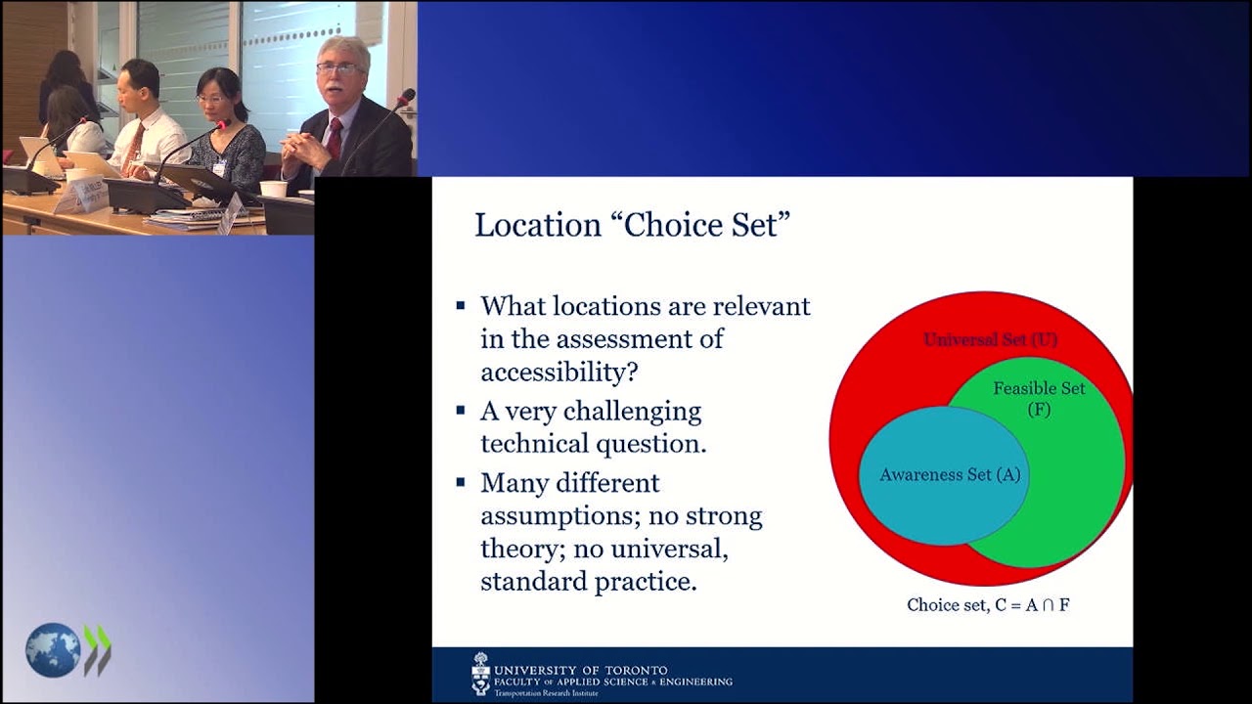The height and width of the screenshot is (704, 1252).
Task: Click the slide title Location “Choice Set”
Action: pyautogui.click(x=631, y=225)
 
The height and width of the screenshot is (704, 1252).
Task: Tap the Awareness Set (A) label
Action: pyautogui.click(x=950, y=475)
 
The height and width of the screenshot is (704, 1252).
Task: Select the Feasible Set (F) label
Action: pyautogui.click(x=1039, y=398)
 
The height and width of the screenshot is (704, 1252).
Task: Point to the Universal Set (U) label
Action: pyautogui.click(x=990, y=340)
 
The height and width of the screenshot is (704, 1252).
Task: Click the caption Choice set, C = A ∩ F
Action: pyautogui.click(x=988, y=604)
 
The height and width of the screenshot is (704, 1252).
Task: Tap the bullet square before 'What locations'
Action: pyautogui.click(x=461, y=305)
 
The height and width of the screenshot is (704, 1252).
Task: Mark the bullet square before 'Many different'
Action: pyautogui.click(x=461, y=482)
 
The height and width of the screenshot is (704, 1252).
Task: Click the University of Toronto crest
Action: pyautogui.click(x=480, y=674)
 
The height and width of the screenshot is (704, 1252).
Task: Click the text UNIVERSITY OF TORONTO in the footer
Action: pyautogui.click(x=581, y=671)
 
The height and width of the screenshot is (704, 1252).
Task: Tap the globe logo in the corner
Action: pyautogui.click(x=53, y=650)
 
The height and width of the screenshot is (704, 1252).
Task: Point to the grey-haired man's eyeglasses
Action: pyautogui.click(x=336, y=68)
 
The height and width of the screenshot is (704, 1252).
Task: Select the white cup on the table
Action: pyautogui.click(x=273, y=189)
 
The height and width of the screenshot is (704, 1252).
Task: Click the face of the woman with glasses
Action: pyautogui.click(x=212, y=99)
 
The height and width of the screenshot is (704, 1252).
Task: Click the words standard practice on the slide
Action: pyautogui.click(x=588, y=581)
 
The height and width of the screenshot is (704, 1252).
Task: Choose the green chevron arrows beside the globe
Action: pyautogui.click(x=97, y=650)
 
